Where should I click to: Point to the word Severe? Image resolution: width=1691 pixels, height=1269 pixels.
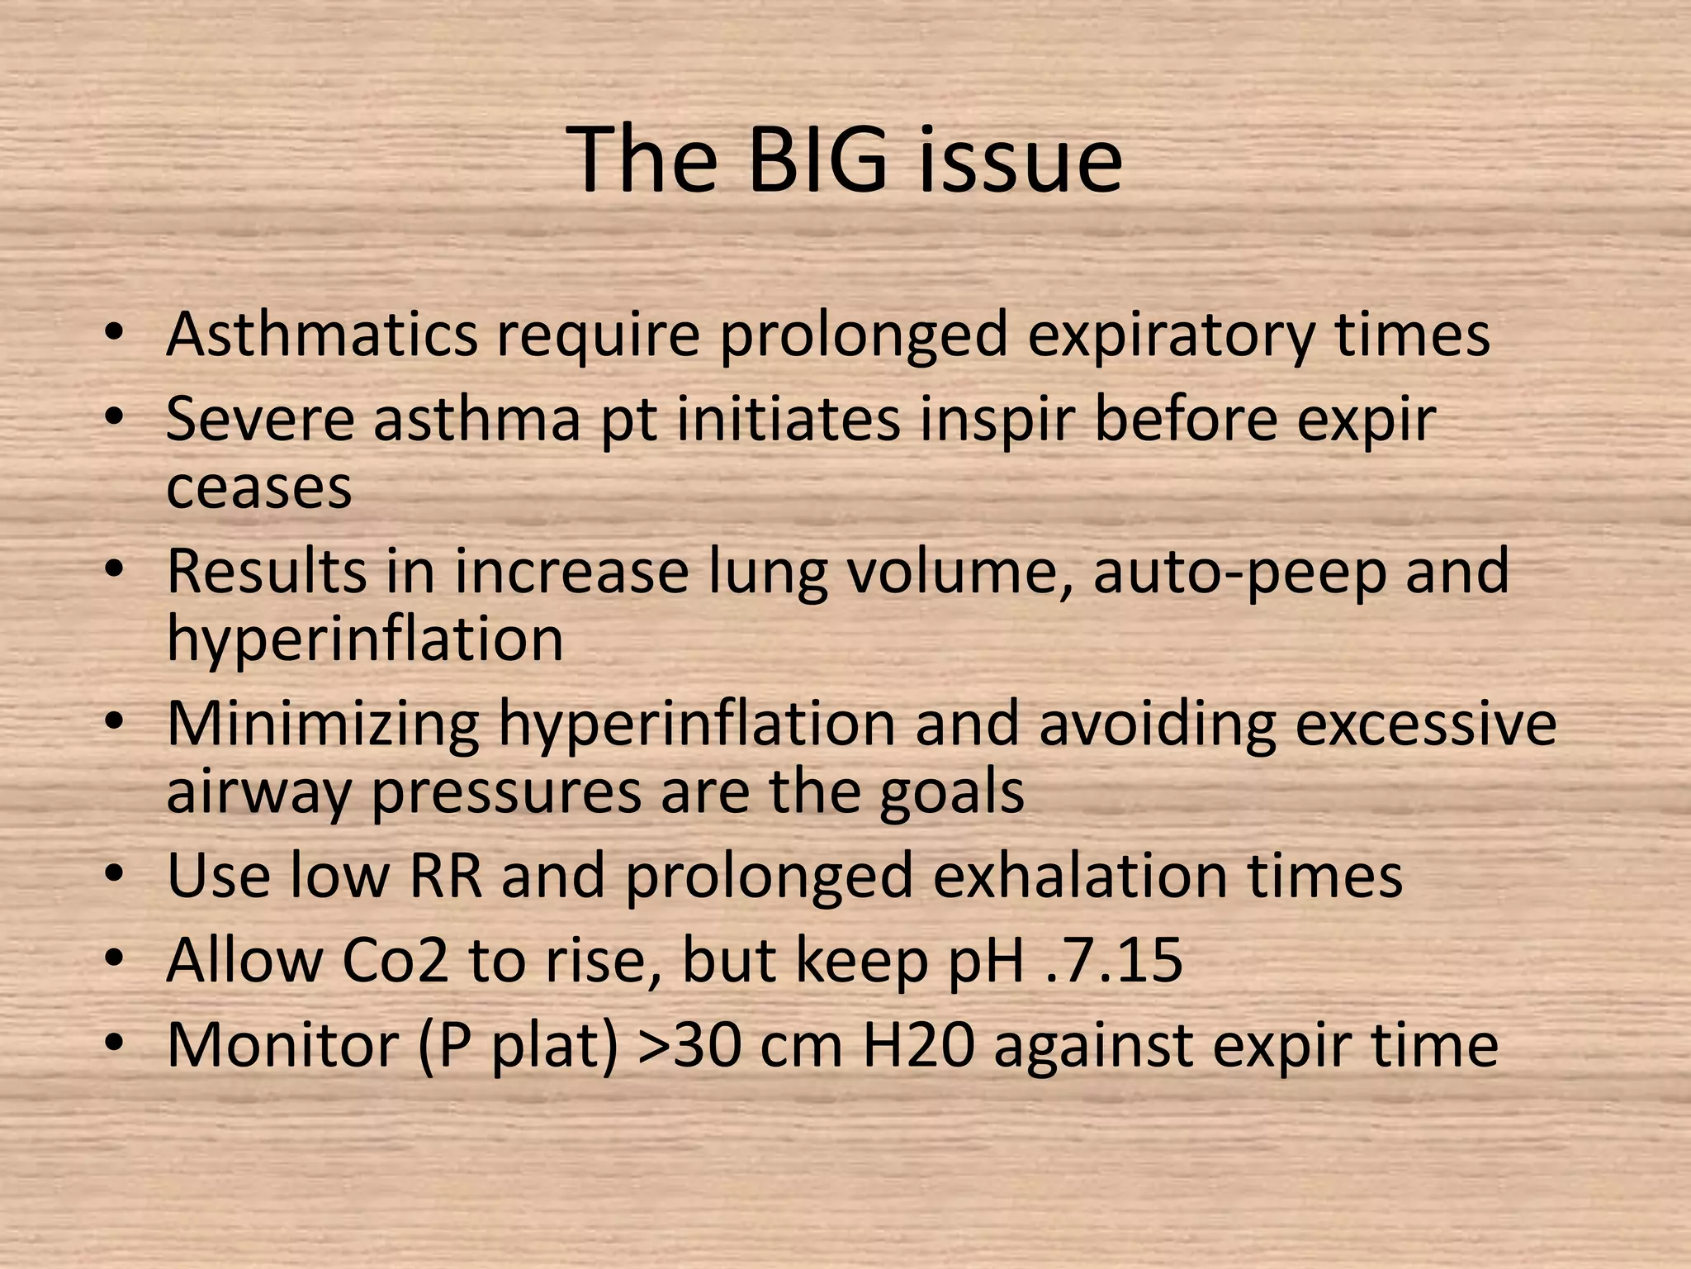259,419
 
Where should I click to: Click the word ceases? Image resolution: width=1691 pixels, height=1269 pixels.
259,487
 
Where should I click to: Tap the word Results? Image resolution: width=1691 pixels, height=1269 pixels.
267,571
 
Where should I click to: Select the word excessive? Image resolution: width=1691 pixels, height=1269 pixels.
1425,724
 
